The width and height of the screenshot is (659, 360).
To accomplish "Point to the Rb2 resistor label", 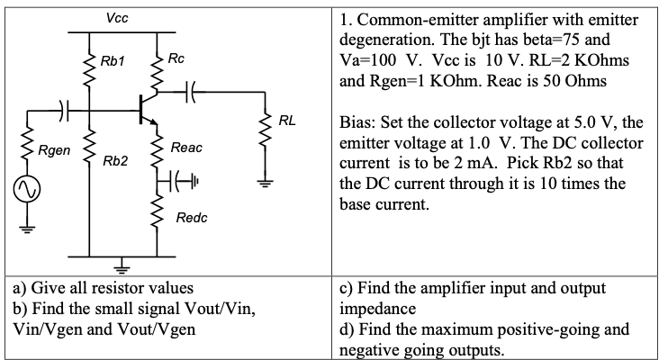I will [114, 161].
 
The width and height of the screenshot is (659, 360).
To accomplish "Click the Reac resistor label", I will [186, 147].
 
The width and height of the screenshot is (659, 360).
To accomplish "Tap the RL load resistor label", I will [287, 120].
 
